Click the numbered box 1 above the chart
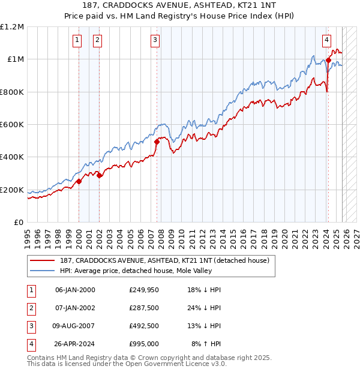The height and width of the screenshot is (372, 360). pos(77,40)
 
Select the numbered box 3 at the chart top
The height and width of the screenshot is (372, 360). pos(155,40)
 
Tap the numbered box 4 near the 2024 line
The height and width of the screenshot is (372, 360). pos(326,40)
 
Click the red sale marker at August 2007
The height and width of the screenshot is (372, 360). pos(157,142)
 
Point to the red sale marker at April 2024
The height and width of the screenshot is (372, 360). pos(328,60)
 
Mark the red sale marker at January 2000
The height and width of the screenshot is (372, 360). pos(79,181)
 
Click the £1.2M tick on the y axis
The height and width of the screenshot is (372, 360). pos(12,27)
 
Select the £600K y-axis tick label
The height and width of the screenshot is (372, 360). pos(12,125)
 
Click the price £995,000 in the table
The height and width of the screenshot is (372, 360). pos(143,344)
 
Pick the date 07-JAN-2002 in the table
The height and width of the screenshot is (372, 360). pos(74,308)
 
